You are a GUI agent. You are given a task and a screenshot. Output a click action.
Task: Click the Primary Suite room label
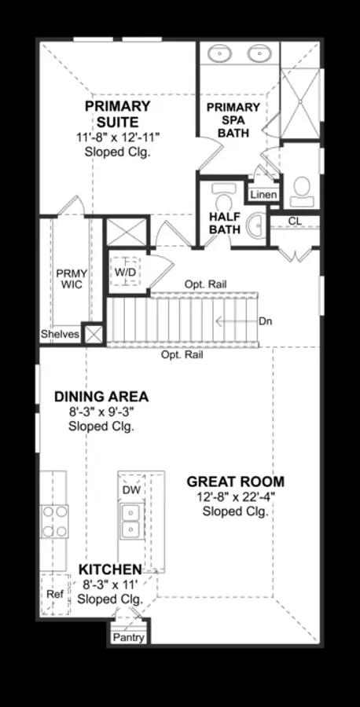point(117,114)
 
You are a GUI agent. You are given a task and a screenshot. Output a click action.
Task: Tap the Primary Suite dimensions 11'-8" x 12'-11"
point(118,137)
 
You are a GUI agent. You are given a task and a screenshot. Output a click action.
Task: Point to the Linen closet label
point(264,196)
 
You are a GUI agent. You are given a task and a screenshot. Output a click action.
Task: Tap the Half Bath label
point(224,223)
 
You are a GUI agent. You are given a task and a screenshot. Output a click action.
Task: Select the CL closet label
point(295,221)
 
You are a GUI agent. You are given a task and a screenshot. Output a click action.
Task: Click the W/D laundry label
point(126,272)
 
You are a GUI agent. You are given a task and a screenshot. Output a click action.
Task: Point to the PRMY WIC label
point(72,279)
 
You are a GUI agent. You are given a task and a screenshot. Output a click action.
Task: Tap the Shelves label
point(61,335)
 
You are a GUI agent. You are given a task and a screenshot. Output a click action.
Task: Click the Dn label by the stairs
point(265,321)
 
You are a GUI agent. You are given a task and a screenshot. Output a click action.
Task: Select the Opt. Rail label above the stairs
point(206,284)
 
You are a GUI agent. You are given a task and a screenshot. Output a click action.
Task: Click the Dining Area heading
point(101,397)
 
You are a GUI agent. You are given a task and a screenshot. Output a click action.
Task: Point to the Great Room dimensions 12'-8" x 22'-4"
point(236,497)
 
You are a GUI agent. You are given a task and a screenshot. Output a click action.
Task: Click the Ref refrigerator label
point(55,594)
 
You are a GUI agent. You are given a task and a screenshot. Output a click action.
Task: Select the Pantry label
point(129,637)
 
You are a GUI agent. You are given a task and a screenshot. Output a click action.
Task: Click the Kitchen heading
point(110,570)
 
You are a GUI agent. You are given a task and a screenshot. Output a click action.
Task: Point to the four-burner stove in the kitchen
point(54,522)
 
